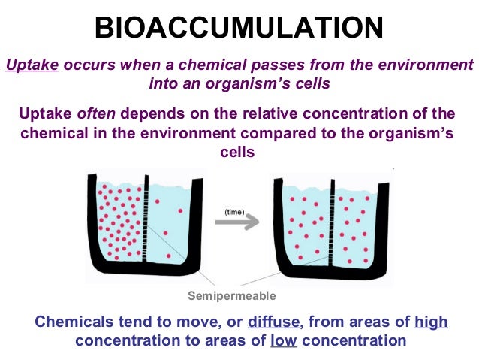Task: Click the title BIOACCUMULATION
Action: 239,28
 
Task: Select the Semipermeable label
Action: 232,295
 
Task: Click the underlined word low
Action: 284,340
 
